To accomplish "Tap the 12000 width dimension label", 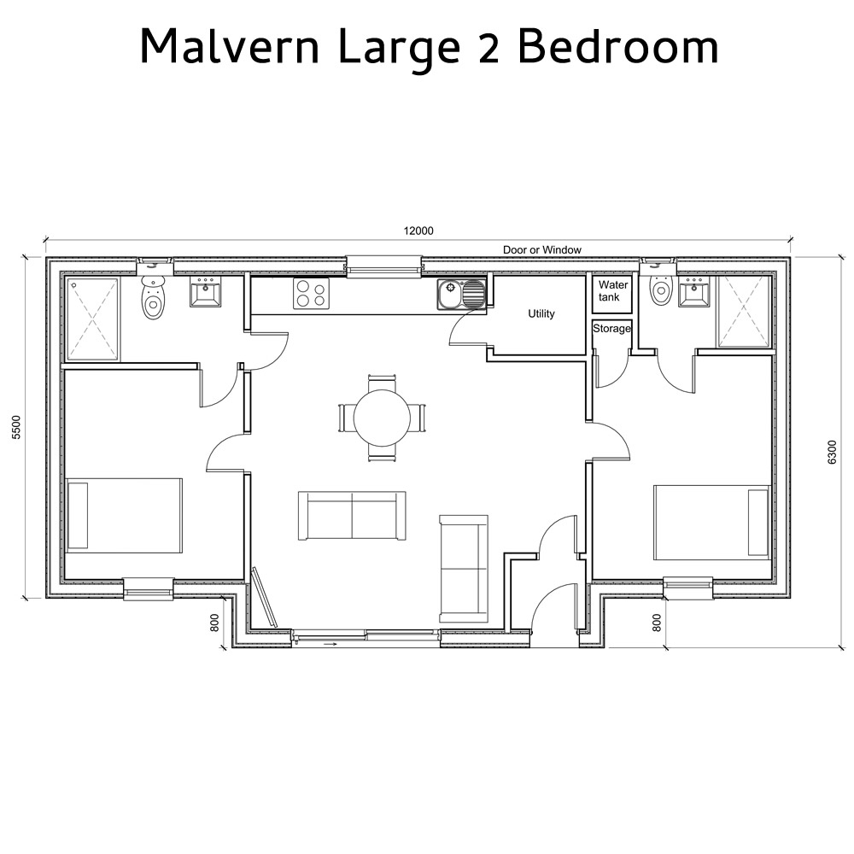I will tap(419, 230).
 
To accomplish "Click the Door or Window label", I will tap(541, 250).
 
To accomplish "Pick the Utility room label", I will tap(541, 314).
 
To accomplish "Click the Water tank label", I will tap(613, 291).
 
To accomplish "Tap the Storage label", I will tap(611, 329).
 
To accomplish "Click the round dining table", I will tap(382, 418).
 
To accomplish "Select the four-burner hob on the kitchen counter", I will tap(311, 294).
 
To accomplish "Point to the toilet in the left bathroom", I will tap(153, 299).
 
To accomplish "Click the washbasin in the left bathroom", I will tap(205, 292).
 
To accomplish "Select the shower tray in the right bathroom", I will tap(745, 312).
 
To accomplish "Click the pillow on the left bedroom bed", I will tap(78, 515).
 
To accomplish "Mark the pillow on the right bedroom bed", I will tap(757, 522).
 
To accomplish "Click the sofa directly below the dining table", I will tap(351, 516).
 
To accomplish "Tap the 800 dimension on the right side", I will tap(656, 623).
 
